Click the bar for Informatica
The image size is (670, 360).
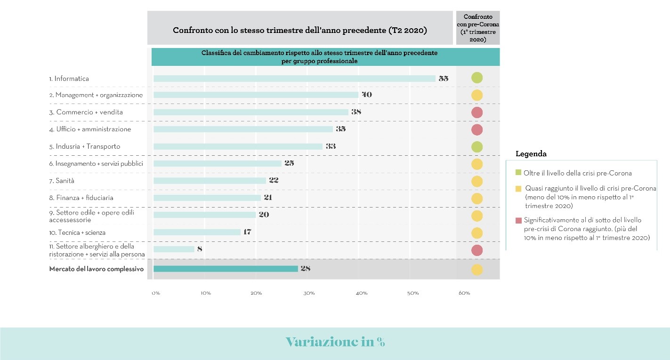coord(294,79)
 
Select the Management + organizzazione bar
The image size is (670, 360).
coord(256,95)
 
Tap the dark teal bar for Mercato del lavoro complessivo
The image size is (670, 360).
coord(226,269)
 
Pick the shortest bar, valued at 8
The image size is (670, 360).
coord(174,249)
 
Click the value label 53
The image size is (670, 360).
coord(444,79)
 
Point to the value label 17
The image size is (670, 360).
coord(247,232)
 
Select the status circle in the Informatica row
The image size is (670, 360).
coord(477,78)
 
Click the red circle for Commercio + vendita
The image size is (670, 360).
coord(477,112)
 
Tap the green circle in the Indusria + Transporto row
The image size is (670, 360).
coord(477,146)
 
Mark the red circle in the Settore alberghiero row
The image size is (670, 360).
coord(477,250)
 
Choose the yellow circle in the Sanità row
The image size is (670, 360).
coord(477,181)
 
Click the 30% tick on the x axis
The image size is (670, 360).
coord(309,293)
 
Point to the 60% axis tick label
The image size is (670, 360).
coord(464,293)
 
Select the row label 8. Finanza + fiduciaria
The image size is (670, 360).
coord(81,198)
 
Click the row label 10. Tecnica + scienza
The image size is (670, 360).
coord(77,232)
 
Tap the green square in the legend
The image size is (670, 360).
coord(518,173)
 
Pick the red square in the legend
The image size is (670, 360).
coord(518,220)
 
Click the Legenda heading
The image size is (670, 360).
coord(531,154)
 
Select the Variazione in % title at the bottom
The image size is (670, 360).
coord(335,342)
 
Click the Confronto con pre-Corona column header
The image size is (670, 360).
coord(478,28)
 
